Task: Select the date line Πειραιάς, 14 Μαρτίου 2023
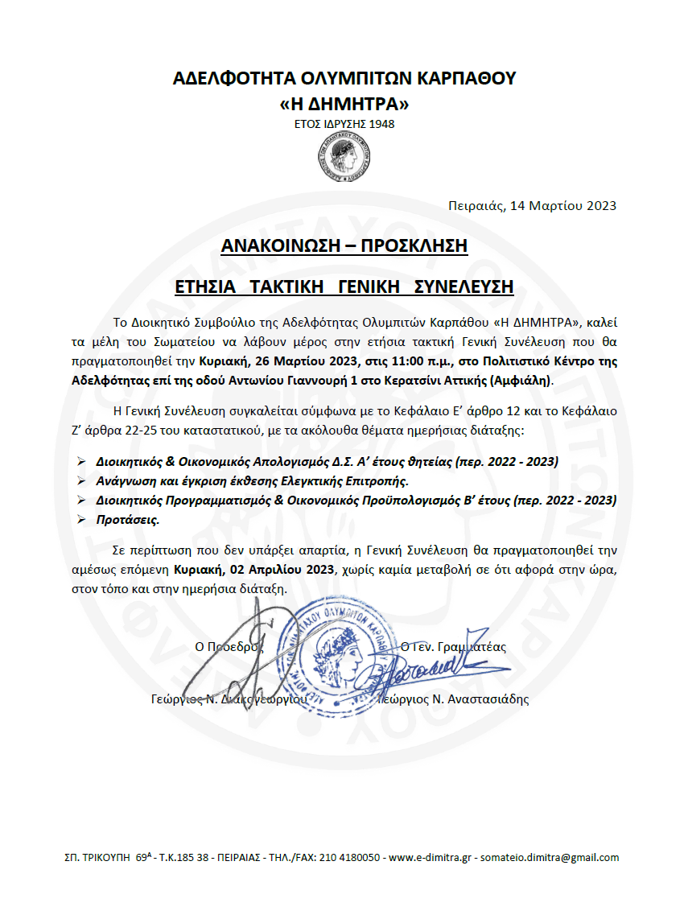[532, 205]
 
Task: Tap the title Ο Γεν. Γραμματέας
[453, 646]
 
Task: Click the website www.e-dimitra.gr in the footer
[430, 858]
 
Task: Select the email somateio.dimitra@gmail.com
[550, 858]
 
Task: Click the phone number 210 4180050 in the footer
[351, 858]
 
